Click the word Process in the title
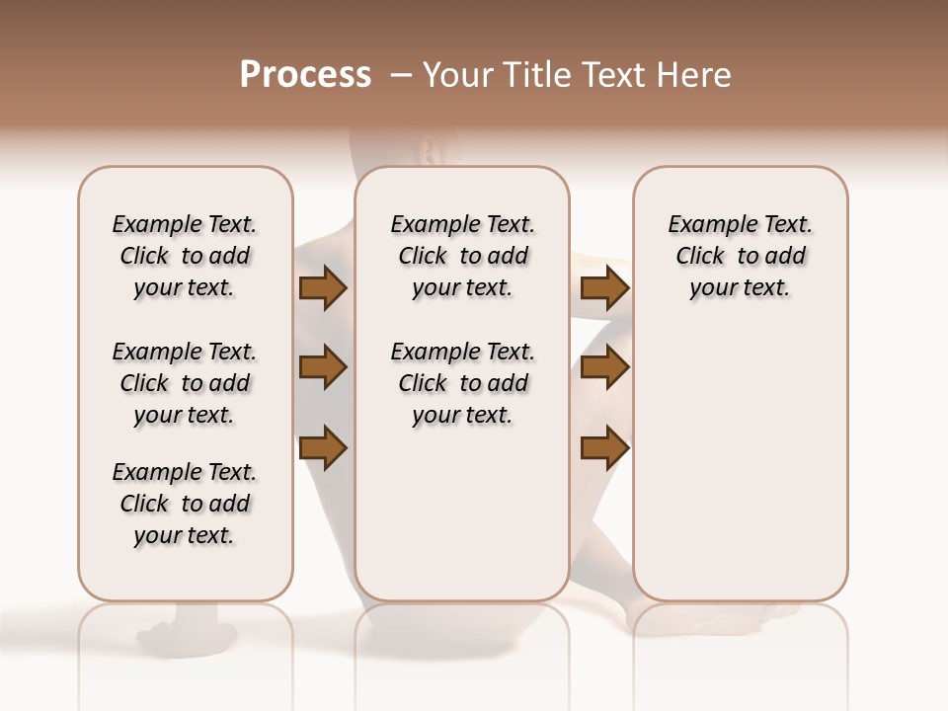[305, 75]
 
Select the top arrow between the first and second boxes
[323, 287]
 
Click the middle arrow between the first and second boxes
[323, 368]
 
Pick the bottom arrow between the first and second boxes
[323, 448]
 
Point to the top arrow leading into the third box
[604, 287]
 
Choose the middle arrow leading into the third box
[604, 368]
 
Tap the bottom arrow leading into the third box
[604, 448]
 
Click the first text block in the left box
[185, 256]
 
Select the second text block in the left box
[185, 383]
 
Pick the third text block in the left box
[185, 504]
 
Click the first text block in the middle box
[462, 256]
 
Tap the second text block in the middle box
[462, 383]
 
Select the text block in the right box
[740, 256]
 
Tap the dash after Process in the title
[401, 75]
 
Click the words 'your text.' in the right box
[740, 288]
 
